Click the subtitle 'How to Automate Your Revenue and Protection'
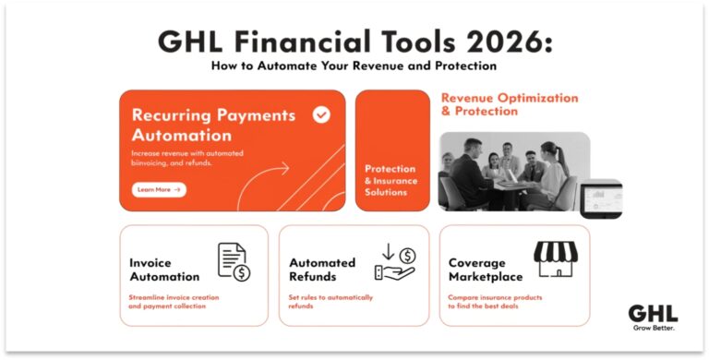tap(354, 66)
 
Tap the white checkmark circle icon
tap(320, 115)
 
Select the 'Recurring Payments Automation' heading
tap(213, 125)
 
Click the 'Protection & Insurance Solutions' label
tap(390, 181)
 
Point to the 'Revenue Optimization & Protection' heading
tap(510, 104)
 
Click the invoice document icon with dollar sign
tap(234, 262)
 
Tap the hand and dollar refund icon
tap(394, 262)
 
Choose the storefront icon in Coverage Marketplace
tap(555, 259)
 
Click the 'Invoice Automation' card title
tap(164, 270)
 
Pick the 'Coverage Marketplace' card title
tap(485, 270)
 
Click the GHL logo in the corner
tap(653, 313)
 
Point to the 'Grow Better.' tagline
tap(654, 329)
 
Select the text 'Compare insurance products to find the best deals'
tap(495, 302)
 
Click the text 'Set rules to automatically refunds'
tap(330, 302)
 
